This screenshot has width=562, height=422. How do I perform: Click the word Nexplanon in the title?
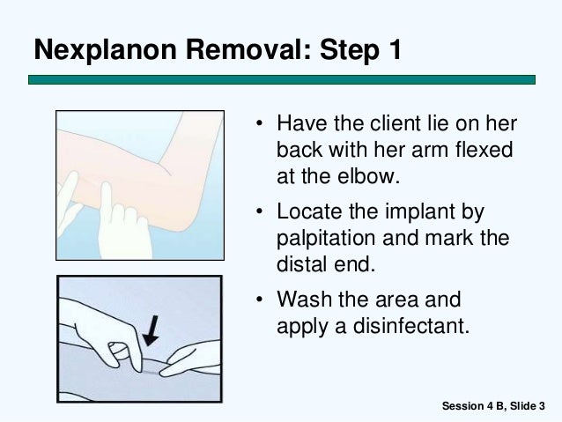pos(106,50)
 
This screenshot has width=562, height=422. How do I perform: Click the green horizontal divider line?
pos(282,79)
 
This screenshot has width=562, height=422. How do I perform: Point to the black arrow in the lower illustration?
pos(152,330)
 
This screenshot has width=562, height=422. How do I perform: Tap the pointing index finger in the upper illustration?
pos(106,201)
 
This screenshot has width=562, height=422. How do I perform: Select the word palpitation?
pos(325,239)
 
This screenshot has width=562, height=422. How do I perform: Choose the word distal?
pos(301,264)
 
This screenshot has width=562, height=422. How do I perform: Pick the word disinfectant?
pos(410,326)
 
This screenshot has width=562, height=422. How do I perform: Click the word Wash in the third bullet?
pos(304,300)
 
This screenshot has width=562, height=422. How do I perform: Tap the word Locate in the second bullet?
pos(309,211)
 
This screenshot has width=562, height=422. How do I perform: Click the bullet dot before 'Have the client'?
pos(260,123)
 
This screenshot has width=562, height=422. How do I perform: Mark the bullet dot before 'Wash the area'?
pos(260,300)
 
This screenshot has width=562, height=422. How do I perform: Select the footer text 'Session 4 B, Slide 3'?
pos(493,406)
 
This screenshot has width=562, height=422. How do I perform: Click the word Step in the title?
pos(349,51)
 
